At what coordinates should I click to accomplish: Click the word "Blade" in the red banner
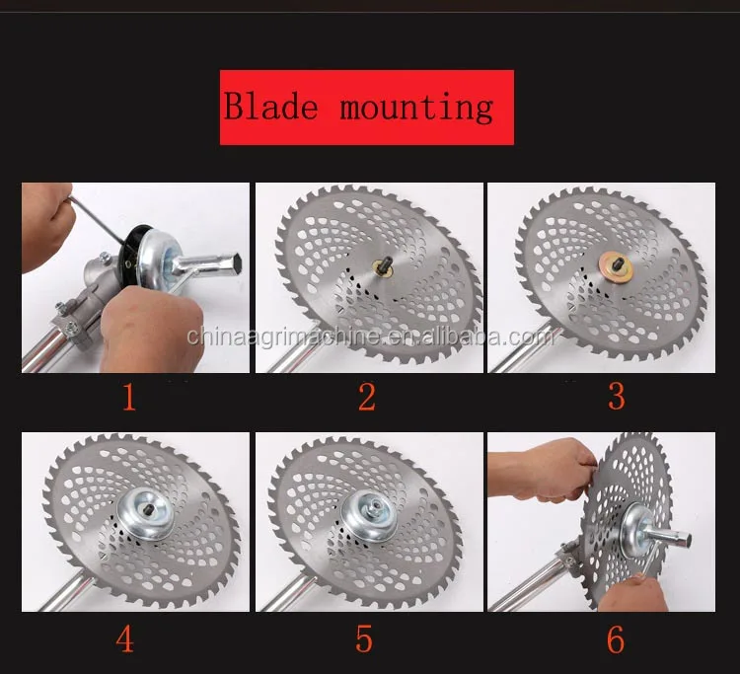pyautogui.click(x=270, y=106)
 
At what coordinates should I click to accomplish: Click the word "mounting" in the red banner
pyautogui.click(x=416, y=109)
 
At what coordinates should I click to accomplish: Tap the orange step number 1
pyautogui.click(x=129, y=397)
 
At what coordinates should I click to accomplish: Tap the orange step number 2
pyautogui.click(x=367, y=397)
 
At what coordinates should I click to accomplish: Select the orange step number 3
pyautogui.click(x=617, y=396)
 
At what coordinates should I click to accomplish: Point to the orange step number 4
pyautogui.click(x=125, y=639)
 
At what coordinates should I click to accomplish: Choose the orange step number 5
pyautogui.click(x=364, y=639)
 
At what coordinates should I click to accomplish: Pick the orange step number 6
pyautogui.click(x=616, y=639)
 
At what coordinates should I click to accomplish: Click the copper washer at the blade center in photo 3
pyautogui.click(x=616, y=267)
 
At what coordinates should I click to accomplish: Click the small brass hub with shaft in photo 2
pyautogui.click(x=383, y=265)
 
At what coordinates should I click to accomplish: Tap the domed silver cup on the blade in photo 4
pyautogui.click(x=146, y=513)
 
